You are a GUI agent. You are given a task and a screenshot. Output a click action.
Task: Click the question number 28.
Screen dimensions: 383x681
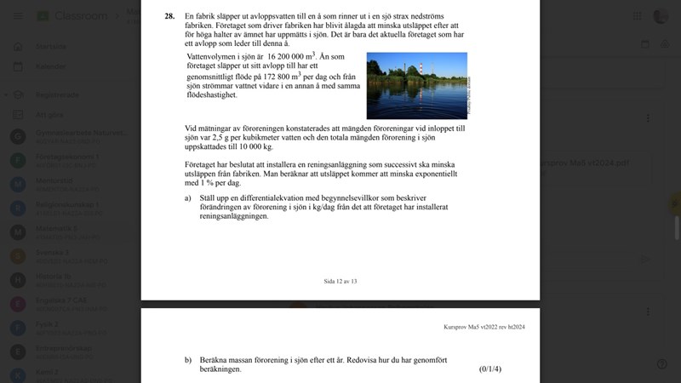[x=169, y=15]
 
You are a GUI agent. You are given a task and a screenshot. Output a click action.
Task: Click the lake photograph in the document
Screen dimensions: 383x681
[x=416, y=85]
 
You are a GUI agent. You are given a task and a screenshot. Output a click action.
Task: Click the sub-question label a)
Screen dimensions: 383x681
[x=188, y=197]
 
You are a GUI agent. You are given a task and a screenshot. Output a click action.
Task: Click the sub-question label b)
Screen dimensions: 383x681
[x=188, y=360]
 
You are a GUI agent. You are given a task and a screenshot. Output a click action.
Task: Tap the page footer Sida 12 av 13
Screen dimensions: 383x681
[x=340, y=280]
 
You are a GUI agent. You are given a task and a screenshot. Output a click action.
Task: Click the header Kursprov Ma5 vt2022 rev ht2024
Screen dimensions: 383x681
[x=473, y=326]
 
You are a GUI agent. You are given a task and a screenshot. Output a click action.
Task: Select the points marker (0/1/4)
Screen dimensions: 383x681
[x=490, y=369]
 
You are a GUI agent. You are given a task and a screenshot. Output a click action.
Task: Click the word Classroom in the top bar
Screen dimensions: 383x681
[x=81, y=16]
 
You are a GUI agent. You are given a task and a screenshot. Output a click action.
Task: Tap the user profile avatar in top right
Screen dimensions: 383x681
[x=661, y=16]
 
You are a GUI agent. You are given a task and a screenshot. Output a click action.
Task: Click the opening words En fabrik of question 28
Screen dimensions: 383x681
[x=200, y=15]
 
